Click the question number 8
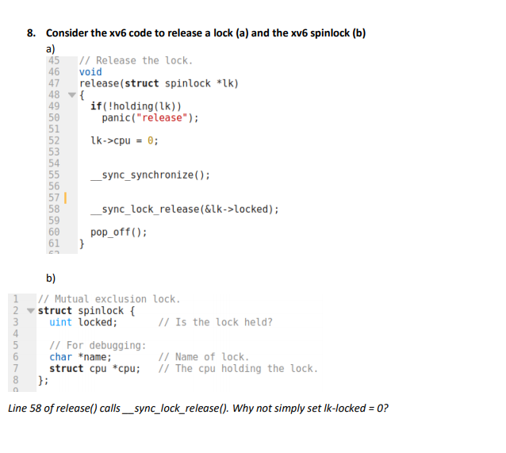(31, 33)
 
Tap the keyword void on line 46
(90, 72)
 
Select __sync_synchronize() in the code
(151, 175)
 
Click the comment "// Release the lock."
(136, 61)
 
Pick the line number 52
(55, 140)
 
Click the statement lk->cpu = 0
(125, 140)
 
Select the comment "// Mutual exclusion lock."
(109, 299)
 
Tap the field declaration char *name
(80, 357)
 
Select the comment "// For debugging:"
(98, 345)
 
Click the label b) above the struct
(51, 278)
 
